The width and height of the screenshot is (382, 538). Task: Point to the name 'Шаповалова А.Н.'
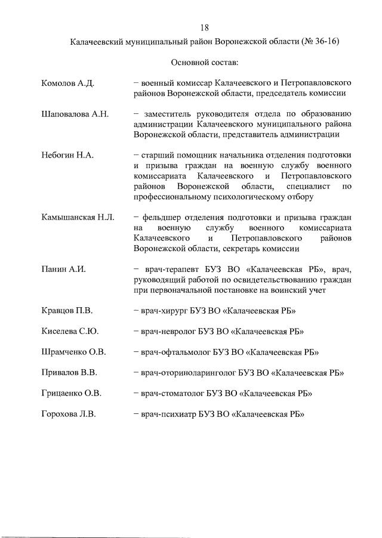75,114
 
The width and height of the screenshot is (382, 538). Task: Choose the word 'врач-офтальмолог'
174,352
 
